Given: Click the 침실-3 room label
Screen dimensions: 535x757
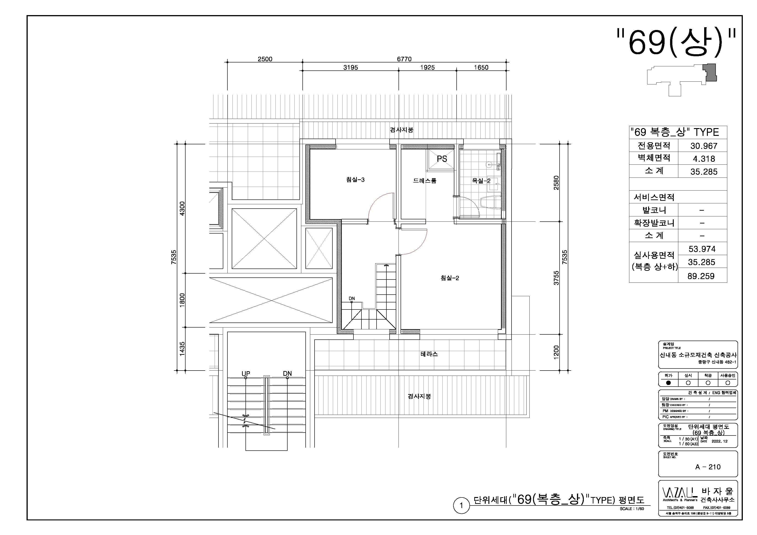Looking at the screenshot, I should click(x=355, y=180).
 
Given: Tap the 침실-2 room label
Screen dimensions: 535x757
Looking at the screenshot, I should click(x=449, y=278).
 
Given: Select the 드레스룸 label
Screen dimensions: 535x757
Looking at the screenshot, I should click(x=424, y=181).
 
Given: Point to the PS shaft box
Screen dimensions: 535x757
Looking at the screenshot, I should click(x=442, y=159).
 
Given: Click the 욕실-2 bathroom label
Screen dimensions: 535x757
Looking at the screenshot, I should click(x=481, y=181).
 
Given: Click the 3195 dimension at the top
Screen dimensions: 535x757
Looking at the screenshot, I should click(x=350, y=67).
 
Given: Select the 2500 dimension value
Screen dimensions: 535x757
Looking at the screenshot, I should click(x=265, y=59).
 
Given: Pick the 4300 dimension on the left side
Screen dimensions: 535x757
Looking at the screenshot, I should click(x=182, y=208).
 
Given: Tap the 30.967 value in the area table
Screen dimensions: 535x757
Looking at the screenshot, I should click(x=704, y=146).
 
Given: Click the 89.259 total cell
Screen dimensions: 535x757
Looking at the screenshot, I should click(x=701, y=276).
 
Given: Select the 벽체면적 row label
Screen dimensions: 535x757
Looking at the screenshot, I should click(x=654, y=158).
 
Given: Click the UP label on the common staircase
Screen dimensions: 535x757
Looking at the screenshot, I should click(x=246, y=374).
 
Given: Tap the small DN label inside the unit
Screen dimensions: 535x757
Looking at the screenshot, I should click(x=352, y=298).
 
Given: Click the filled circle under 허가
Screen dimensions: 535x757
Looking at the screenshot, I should click(x=668, y=383).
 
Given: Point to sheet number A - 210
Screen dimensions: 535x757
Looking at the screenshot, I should click(x=708, y=467).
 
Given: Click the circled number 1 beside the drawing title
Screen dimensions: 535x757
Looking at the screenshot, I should click(x=461, y=505).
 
